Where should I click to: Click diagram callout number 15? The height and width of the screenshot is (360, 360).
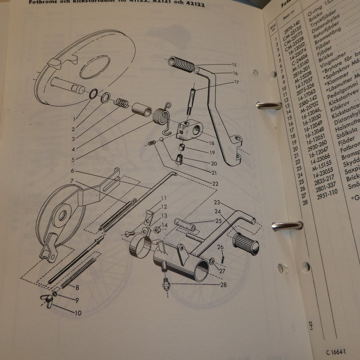pos(234,64)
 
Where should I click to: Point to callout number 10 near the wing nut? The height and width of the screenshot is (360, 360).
pos(78,313)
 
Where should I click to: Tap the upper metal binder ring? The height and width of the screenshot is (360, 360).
pos(268,106)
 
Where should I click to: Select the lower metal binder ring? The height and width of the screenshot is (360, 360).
pos(287,226)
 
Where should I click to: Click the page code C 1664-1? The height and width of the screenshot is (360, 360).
pos(336,352)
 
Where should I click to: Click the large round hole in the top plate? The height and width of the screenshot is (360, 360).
pos(95,66)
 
